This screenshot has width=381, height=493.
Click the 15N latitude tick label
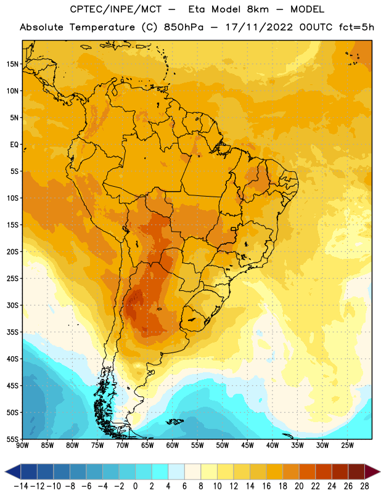click(x=12, y=64)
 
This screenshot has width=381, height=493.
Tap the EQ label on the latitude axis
click(x=14, y=145)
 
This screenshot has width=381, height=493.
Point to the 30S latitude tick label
click(x=12, y=305)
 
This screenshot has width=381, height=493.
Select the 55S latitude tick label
click(x=12, y=439)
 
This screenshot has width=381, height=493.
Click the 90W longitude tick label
click(x=23, y=445)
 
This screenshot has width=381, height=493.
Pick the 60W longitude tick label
click(x=173, y=445)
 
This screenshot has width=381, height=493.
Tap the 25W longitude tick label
click(x=347, y=445)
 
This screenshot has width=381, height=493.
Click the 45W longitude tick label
click(x=248, y=445)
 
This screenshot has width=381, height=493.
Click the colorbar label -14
click(x=21, y=486)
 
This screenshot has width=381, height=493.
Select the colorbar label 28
click(x=364, y=486)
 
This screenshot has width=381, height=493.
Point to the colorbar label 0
click(x=135, y=486)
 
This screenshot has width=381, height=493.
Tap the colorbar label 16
click(x=266, y=486)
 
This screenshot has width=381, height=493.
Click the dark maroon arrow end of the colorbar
click(x=372, y=471)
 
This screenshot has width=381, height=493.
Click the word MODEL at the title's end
click(x=307, y=9)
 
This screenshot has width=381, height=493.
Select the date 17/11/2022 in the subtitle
click(x=259, y=27)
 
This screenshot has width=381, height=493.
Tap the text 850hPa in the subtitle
click(x=184, y=27)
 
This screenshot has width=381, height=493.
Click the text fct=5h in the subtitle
click(x=356, y=27)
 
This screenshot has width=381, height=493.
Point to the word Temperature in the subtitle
click(x=102, y=27)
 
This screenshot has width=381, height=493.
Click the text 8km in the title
click(x=258, y=9)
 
